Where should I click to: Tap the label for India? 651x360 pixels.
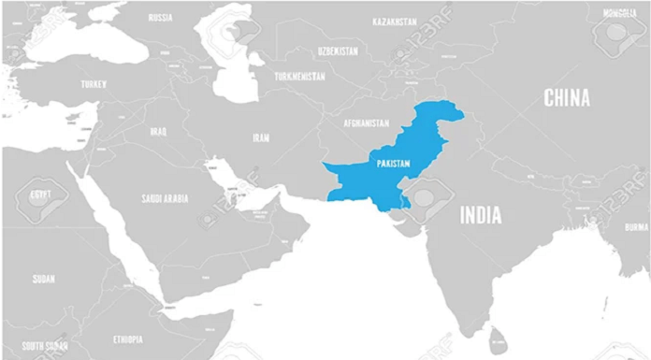480,215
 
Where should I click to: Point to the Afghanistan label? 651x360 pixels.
366,123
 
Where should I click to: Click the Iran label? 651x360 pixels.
261,137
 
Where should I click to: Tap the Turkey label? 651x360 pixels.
94,83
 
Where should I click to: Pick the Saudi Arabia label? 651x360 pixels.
165,198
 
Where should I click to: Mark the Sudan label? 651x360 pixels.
43,279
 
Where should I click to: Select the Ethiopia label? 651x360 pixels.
128,338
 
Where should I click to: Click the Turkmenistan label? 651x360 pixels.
299,76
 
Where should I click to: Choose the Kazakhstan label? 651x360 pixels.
394,21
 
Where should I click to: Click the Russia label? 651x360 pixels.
160,17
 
